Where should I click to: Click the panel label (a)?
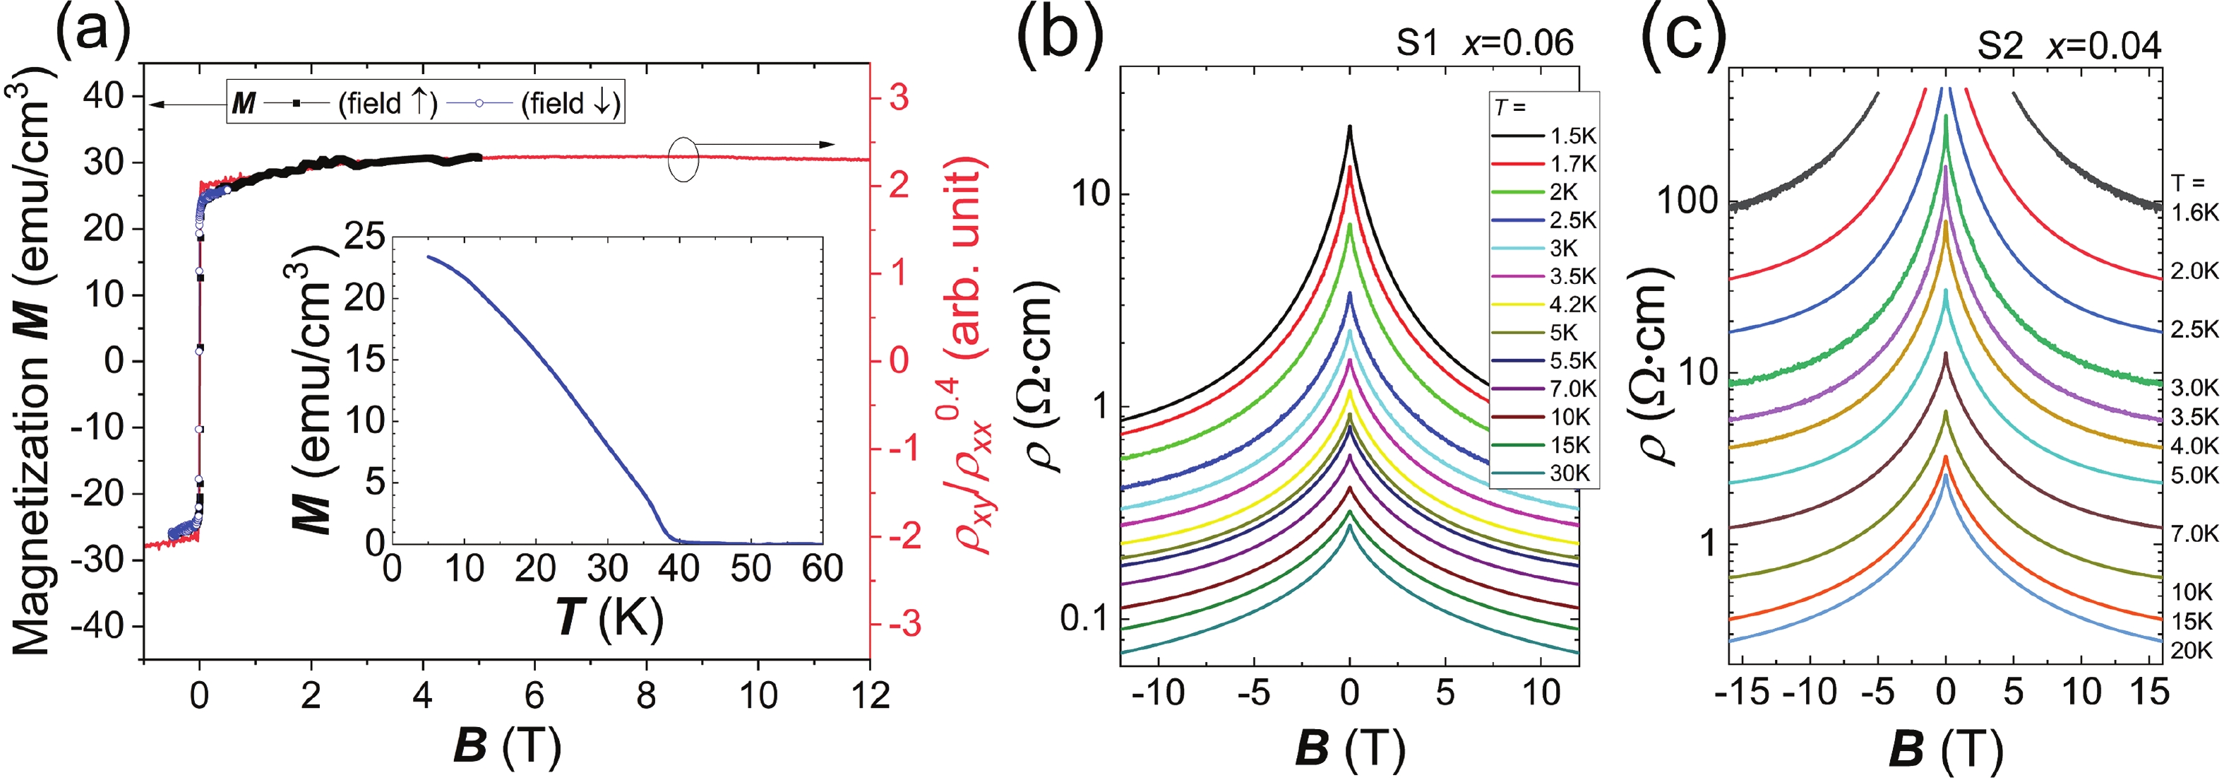click(92, 32)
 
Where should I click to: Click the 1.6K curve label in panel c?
click(2194, 213)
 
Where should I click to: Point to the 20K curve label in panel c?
click(2192, 649)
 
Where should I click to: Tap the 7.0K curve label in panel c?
click(2194, 534)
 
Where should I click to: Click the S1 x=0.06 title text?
click(1485, 43)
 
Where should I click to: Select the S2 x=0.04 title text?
click(2069, 46)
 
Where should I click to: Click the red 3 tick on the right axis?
click(898, 97)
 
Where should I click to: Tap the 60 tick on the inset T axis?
click(822, 568)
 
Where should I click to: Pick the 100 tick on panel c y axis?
click(1688, 201)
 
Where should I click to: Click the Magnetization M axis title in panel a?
click(32, 362)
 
